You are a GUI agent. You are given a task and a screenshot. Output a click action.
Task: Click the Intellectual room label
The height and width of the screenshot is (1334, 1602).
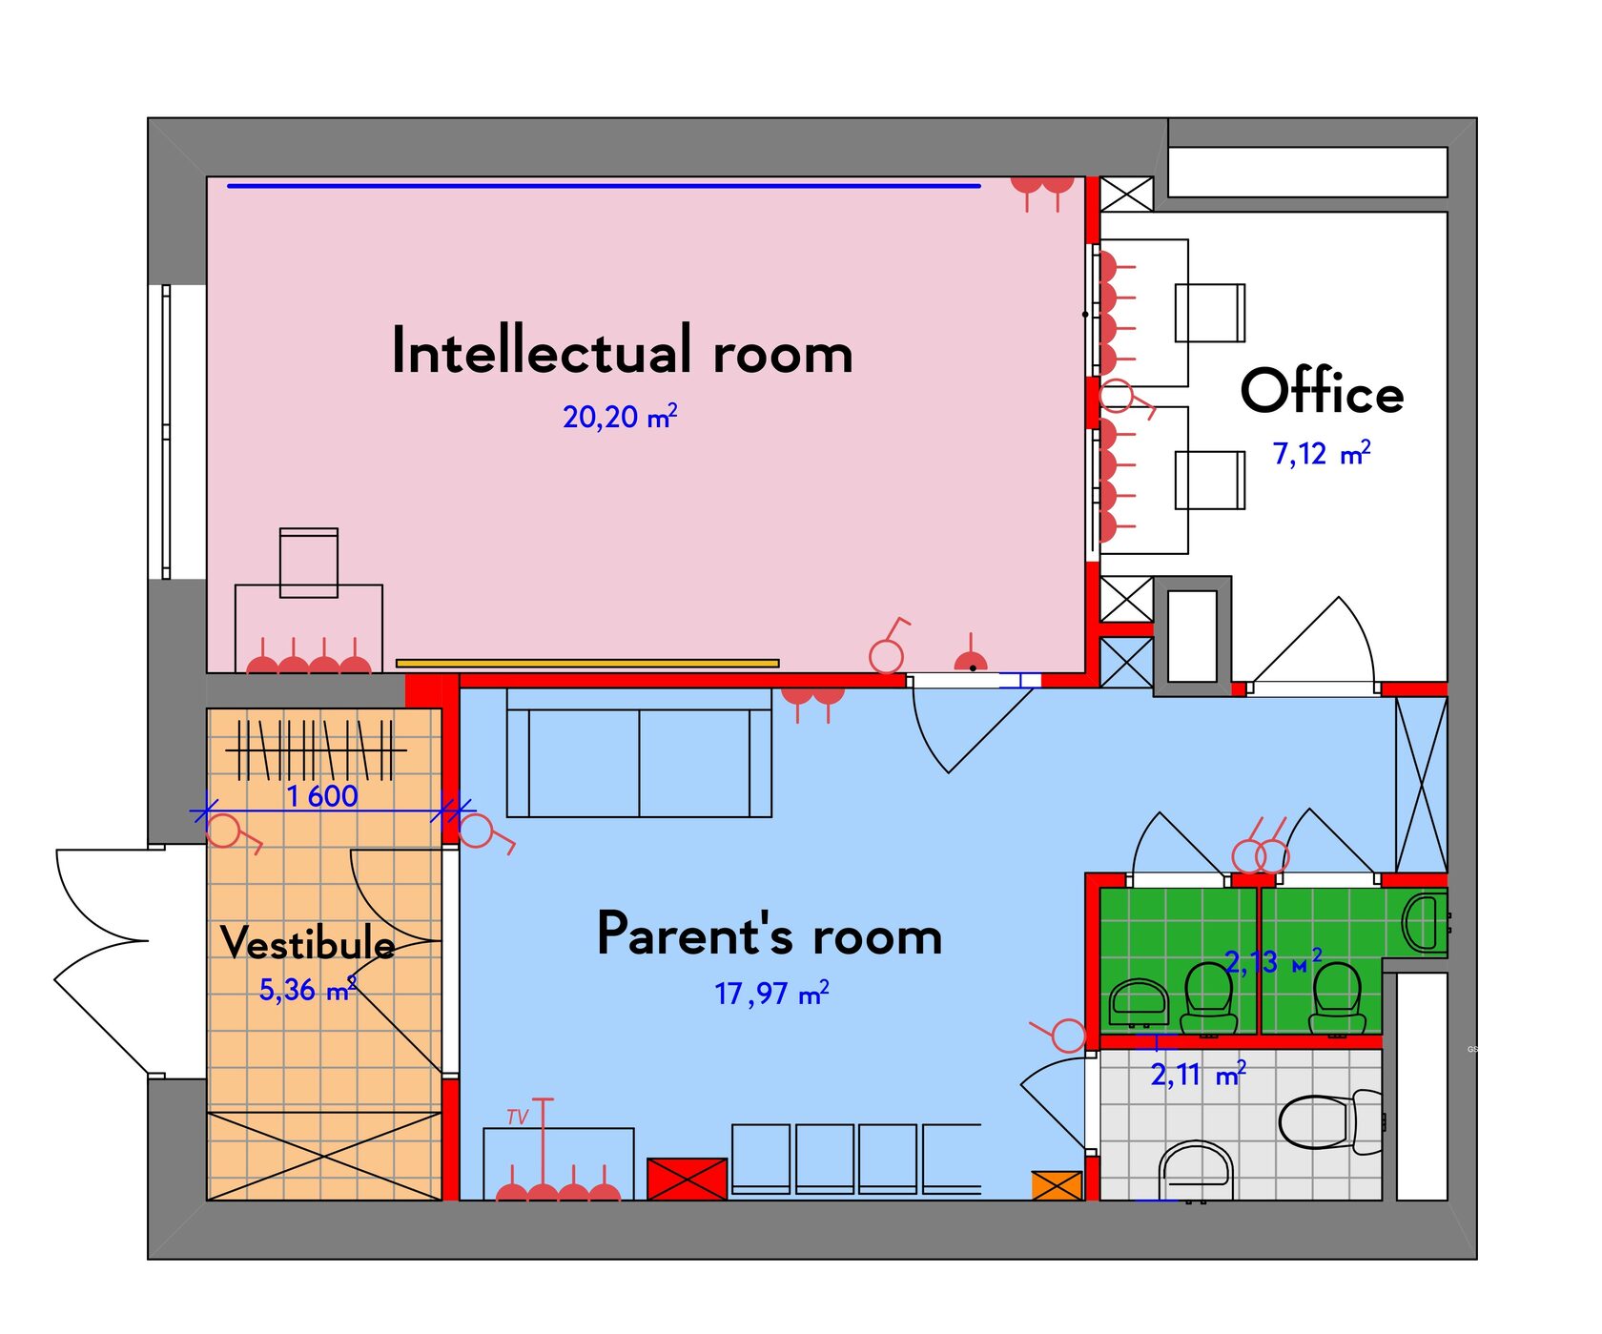pos(622,350)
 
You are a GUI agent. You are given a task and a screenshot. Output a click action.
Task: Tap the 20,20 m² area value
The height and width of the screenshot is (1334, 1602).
pos(620,417)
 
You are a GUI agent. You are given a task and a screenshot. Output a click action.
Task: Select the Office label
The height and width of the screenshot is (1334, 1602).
pos(1322,391)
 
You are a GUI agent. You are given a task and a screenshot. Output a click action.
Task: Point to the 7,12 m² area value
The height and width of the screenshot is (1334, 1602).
pos(1322,453)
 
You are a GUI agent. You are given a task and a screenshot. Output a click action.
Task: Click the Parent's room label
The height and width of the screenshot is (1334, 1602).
pos(770,934)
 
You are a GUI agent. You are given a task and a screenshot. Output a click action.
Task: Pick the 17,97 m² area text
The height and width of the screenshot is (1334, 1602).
pos(771,994)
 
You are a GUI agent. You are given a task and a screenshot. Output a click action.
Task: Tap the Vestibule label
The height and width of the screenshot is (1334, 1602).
pos(308,943)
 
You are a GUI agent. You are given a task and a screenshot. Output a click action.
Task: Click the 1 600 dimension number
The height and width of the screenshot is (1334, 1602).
pos(322,795)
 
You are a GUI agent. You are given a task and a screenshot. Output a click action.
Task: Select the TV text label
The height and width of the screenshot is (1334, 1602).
pos(518,1117)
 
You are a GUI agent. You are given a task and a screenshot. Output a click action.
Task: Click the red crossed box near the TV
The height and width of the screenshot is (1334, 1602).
pos(687,1180)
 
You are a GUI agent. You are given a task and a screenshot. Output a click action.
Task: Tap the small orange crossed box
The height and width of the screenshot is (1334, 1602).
pos(1058,1185)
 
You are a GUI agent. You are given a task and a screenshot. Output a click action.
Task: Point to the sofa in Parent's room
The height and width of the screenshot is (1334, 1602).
pos(639,753)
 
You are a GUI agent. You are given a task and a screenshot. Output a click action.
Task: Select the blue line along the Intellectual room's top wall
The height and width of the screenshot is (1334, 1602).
pos(604,186)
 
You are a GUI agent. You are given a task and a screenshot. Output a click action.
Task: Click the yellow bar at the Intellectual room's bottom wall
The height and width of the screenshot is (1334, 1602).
pos(587,663)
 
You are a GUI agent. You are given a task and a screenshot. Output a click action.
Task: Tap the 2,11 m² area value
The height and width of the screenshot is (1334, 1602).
pos(1199,1076)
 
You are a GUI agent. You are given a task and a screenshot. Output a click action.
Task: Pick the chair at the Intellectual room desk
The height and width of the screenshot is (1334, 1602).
pos(308,563)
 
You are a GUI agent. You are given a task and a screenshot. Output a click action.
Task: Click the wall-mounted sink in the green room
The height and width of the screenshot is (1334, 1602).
pos(1426,923)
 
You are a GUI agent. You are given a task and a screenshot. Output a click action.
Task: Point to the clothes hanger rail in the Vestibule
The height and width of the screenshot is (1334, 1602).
pos(316,750)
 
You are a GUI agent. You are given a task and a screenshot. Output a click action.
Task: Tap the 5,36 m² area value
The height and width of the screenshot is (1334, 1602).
pos(308,990)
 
